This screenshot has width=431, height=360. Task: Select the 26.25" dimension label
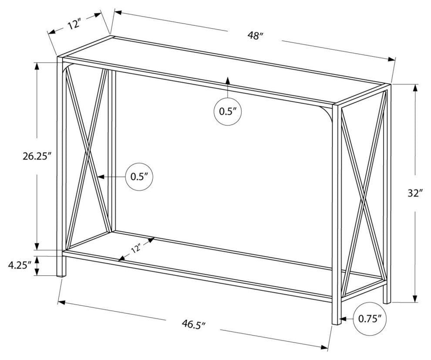(37, 156)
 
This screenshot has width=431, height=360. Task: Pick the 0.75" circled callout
(370, 319)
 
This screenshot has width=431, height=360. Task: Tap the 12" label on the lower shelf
(136, 248)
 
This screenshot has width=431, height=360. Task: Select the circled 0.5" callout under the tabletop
(228, 112)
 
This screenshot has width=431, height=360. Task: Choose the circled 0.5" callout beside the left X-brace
(139, 177)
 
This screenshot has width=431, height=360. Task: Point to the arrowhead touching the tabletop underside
(228, 80)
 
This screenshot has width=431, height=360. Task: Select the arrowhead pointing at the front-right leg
(343, 319)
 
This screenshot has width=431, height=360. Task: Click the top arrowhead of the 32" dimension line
(415, 88)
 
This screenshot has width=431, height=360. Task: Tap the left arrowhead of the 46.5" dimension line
(61, 302)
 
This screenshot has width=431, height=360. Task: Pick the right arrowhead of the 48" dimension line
(391, 59)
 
